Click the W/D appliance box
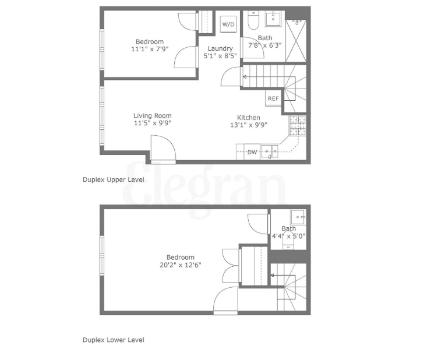pos(228,24)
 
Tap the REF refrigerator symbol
pos(273,98)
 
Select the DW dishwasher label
pos(252,152)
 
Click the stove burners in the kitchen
pos(297,125)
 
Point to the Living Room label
pos(153,115)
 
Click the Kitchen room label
pos(248,117)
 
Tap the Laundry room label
pos(218,48)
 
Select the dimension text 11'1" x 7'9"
pos(150,49)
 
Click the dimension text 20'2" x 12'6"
pos(181,265)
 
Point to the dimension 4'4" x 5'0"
pos(289,236)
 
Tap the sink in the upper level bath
pos(273,19)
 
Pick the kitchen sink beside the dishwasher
pos(269,152)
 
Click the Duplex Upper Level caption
pos(113,180)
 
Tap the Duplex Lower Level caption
pos(113,340)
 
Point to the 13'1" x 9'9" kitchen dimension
pos(248,125)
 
